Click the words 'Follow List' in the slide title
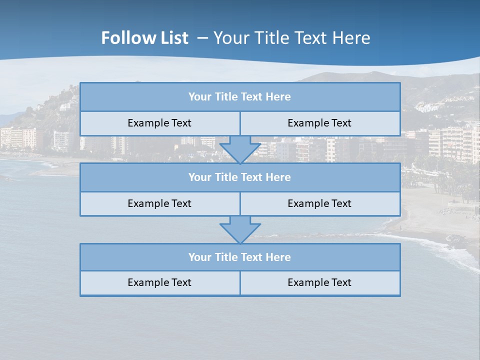pos(144,38)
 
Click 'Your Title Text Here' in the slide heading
pos(291,38)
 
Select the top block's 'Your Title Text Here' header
pos(239,97)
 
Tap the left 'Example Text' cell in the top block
pos(159,123)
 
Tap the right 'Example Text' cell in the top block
pos(319,123)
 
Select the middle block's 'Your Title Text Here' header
pos(239,177)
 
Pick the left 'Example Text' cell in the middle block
pos(159,203)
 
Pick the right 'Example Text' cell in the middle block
pos(319,203)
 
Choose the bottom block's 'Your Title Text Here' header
pos(239,257)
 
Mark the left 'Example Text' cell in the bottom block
pos(159,282)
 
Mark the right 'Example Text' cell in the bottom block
pos(319,282)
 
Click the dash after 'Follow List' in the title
pos(203,38)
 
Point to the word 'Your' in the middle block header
pos(200,177)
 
